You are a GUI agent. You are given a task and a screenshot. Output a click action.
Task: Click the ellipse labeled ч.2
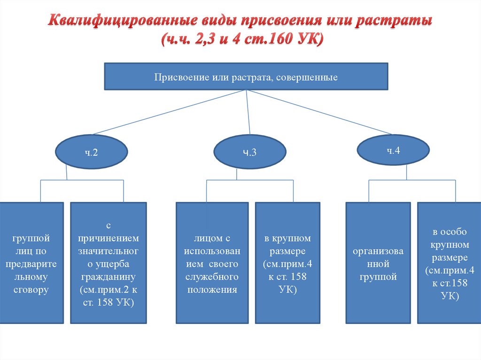pyautogui.click(x=91, y=152)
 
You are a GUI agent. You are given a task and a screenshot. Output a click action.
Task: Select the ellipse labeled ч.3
pyautogui.click(x=249, y=152)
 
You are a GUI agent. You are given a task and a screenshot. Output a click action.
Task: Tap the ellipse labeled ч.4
pyautogui.click(x=393, y=150)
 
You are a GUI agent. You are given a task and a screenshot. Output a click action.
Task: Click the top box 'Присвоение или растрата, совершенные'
pyautogui.click(x=246, y=77)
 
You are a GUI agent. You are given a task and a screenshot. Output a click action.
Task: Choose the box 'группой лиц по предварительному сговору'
pyautogui.click(x=31, y=263)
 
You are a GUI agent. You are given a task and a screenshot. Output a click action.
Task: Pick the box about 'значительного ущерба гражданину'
pyautogui.click(x=108, y=263)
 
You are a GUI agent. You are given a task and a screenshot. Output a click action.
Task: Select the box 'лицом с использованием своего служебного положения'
pyautogui.click(x=212, y=263)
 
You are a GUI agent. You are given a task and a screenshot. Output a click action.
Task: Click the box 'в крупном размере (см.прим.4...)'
pyautogui.click(x=287, y=263)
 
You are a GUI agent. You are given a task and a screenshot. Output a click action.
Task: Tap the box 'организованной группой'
pyautogui.click(x=378, y=263)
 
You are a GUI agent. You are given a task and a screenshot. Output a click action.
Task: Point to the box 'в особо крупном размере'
pyautogui.click(x=449, y=263)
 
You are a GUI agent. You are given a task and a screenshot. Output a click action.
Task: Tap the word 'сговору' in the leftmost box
pyautogui.click(x=31, y=290)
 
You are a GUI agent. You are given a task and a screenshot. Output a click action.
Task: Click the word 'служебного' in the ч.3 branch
pyautogui.click(x=212, y=277)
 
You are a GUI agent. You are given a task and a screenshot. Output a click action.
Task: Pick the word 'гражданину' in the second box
pyautogui.click(x=108, y=276)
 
